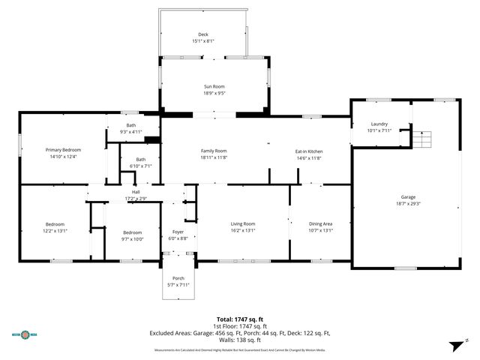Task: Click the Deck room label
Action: coord(202,34)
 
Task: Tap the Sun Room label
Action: coord(214,87)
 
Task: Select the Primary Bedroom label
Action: coord(62,150)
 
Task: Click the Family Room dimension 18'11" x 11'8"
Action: coord(214,157)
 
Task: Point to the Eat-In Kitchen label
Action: coord(308,151)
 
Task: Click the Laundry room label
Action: coord(379,124)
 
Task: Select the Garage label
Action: coord(408,196)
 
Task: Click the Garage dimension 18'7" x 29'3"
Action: coord(408,203)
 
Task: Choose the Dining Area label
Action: coord(321,223)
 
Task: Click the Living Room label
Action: coord(242,223)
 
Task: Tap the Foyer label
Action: coord(178,232)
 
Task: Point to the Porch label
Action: coord(178,278)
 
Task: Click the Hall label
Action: coord(136,192)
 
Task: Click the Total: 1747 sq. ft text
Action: coord(240,319)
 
